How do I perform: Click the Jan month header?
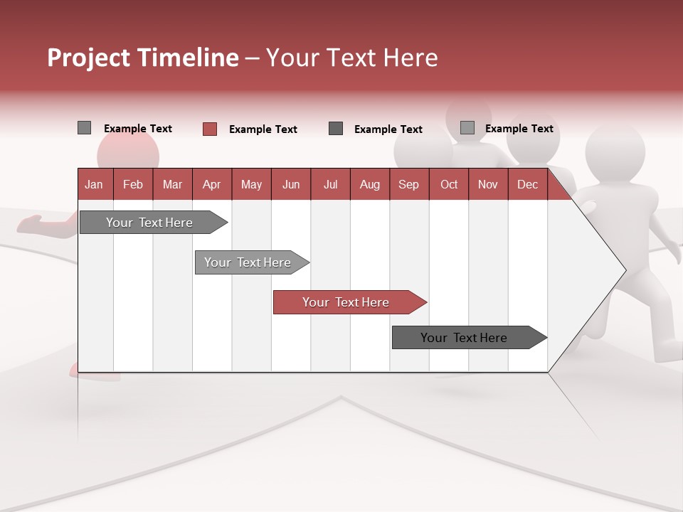(x=95, y=184)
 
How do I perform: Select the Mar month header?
(x=172, y=184)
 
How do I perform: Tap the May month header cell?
(x=251, y=184)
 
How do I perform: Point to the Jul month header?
(x=330, y=184)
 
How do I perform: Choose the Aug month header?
(x=369, y=184)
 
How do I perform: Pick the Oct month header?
(x=448, y=184)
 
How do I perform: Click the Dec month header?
(x=527, y=184)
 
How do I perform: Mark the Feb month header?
(x=133, y=184)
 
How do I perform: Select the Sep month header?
(x=408, y=184)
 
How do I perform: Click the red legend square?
(x=210, y=129)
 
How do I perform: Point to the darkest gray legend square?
(x=336, y=129)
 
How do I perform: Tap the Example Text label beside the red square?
(x=263, y=129)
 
